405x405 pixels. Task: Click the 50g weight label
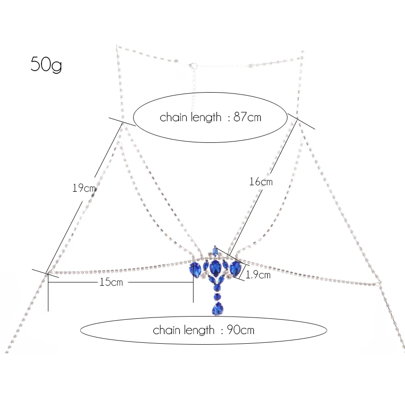coord(46,64)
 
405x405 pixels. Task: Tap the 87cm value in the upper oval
coord(247,117)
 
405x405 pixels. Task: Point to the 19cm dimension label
coord(84,188)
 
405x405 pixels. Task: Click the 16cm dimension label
coord(261,182)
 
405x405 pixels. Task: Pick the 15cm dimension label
coord(112,282)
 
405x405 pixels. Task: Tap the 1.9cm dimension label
coord(258,275)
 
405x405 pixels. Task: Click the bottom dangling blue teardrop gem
coord(217,308)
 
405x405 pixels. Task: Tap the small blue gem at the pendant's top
coord(215,252)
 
